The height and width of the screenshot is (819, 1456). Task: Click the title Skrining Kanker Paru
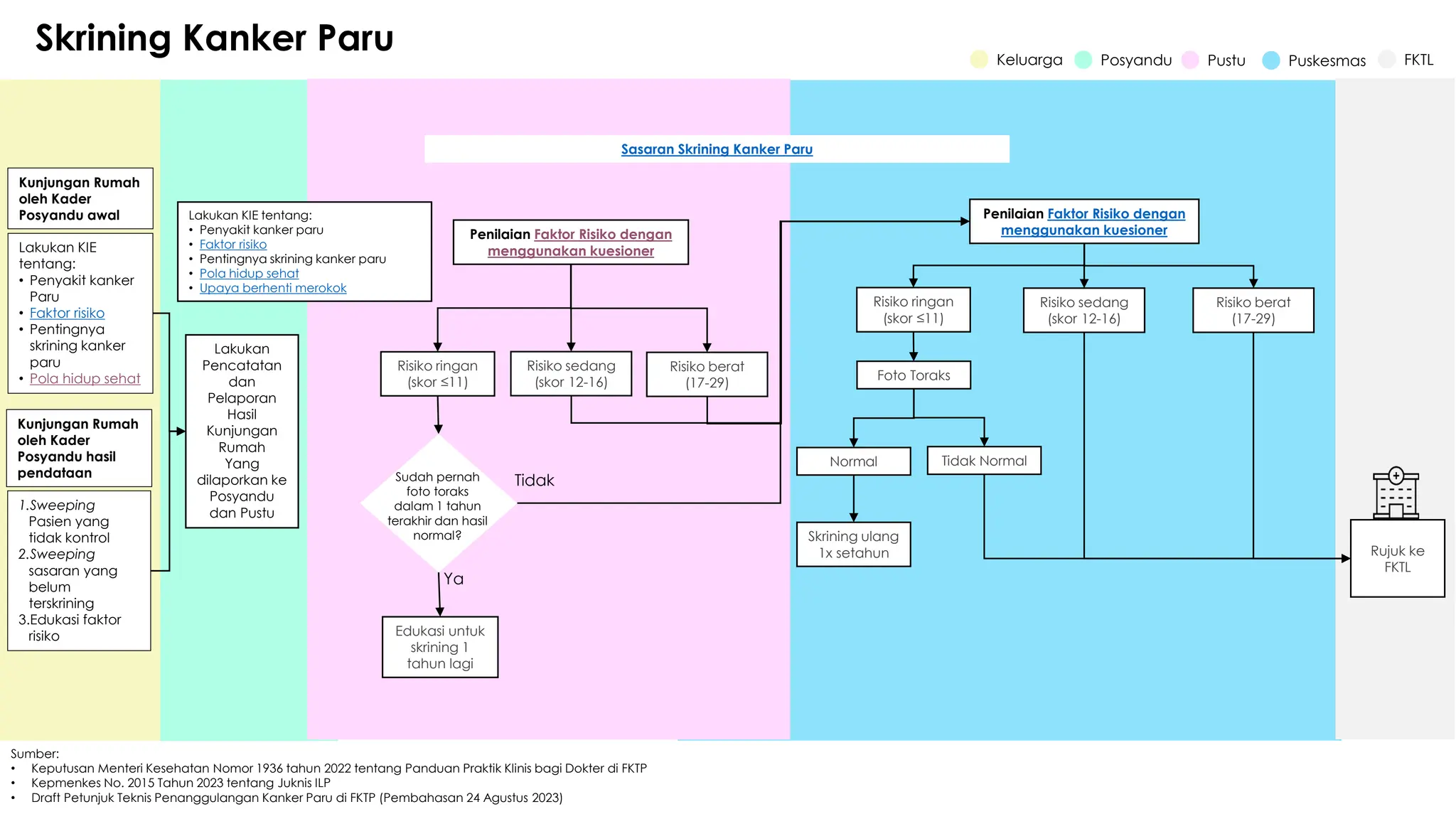pos(214,38)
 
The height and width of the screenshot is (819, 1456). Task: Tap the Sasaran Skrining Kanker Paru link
pos(717,149)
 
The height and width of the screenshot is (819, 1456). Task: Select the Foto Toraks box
pos(914,375)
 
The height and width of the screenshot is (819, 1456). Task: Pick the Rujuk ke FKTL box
pos(1397,559)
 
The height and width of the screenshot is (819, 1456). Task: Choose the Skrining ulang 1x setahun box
pos(853,545)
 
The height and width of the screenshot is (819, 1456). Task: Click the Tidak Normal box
pos(984,461)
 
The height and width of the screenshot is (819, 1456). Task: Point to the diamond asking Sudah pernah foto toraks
pos(438,505)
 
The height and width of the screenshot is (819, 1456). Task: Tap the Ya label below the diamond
pos(454,579)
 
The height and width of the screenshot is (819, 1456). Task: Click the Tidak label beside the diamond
pos(534,481)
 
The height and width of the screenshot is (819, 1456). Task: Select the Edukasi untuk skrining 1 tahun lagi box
pos(440,647)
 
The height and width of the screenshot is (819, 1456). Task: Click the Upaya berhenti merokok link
pos(273,288)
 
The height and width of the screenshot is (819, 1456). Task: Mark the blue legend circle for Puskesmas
pos(1270,60)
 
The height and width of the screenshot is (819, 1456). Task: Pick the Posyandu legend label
pos(1135,60)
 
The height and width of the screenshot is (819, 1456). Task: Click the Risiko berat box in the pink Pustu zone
pos(707,375)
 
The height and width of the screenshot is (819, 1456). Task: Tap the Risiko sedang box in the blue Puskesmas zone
pos(1083,311)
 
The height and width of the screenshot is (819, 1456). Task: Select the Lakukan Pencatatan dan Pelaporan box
pos(242,431)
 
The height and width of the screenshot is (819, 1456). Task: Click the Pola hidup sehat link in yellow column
pos(85,378)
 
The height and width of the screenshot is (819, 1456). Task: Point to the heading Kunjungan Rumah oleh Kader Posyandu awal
pos(80,198)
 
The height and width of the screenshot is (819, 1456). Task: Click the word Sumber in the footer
pos(34,754)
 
